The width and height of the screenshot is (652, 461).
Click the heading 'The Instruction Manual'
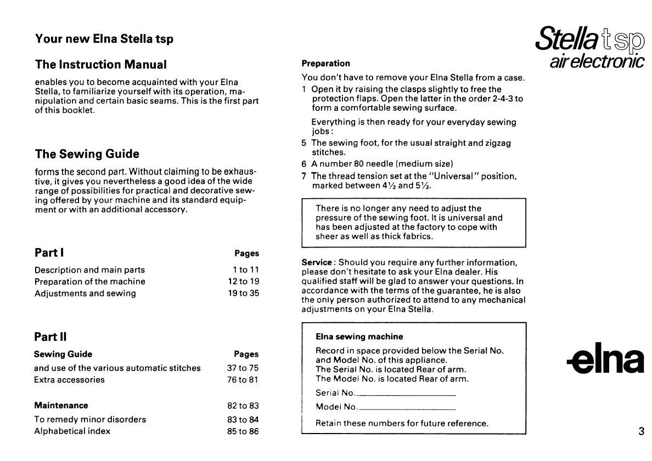click(100, 65)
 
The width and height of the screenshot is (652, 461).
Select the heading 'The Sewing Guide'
click(87, 154)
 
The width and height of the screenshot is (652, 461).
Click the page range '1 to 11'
click(245, 270)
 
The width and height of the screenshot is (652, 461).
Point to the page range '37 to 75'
click(243, 368)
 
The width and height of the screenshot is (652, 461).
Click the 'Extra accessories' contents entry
click(69, 380)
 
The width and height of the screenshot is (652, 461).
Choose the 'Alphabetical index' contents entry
click(72, 431)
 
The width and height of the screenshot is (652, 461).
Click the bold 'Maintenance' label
click(61, 406)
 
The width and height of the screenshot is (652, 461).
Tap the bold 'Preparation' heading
click(325, 64)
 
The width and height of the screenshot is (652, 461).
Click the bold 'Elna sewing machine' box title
click(359, 336)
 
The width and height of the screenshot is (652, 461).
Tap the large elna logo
click(605, 360)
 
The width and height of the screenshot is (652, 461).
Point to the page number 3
click(641, 431)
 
